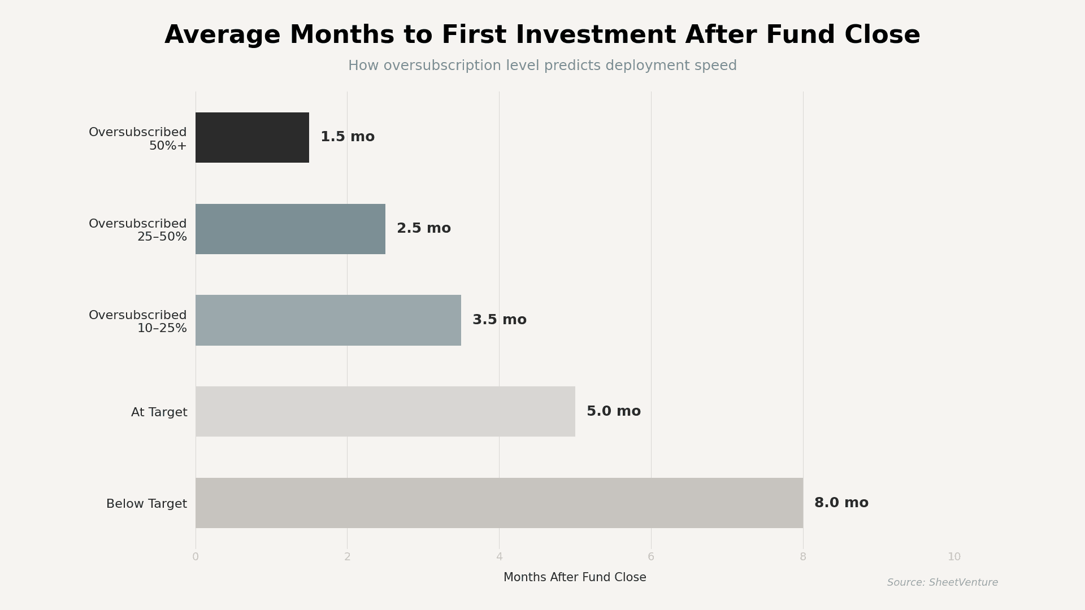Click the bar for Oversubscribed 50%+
click(252, 137)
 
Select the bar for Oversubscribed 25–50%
click(290, 229)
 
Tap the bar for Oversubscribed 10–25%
click(328, 320)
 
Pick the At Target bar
click(385, 411)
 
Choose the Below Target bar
click(499, 503)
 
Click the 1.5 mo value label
click(347, 137)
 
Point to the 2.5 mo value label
click(423, 229)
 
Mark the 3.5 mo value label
click(499, 320)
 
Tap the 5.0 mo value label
click(613, 411)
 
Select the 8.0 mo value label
click(841, 503)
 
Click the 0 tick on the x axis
click(196, 557)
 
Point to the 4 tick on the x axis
click(499, 557)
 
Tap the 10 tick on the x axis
click(954, 557)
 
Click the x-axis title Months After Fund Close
click(575, 577)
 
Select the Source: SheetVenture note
click(942, 582)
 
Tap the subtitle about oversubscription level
click(542, 66)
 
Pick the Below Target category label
click(146, 504)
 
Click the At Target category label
click(159, 412)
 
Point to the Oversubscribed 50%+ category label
click(138, 139)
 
